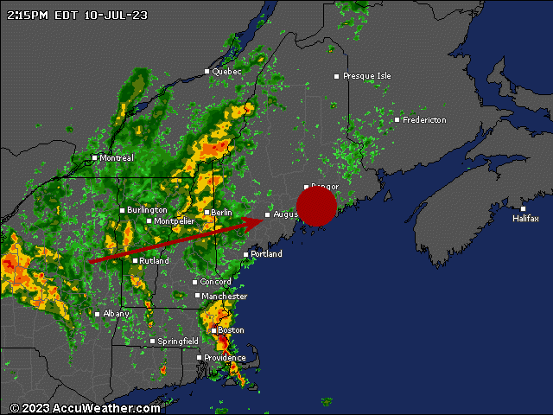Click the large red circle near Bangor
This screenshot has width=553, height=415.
316,206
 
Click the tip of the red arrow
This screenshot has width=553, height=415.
263,220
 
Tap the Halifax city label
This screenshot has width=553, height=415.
525,219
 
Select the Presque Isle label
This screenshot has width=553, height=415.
366,76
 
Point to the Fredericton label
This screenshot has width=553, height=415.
424,120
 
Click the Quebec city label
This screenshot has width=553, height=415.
226,72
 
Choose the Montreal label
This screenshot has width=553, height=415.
117,158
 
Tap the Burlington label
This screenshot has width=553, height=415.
147,210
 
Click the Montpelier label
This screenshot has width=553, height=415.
175,221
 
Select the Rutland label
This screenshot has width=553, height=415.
155,261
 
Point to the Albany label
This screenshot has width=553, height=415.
116,314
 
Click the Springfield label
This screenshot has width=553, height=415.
179,342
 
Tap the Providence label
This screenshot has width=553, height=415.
225,358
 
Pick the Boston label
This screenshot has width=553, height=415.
231,330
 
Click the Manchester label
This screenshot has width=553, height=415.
224,297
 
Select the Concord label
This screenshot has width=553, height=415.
216,282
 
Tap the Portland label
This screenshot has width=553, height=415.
266,254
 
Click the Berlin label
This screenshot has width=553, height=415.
221,213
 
